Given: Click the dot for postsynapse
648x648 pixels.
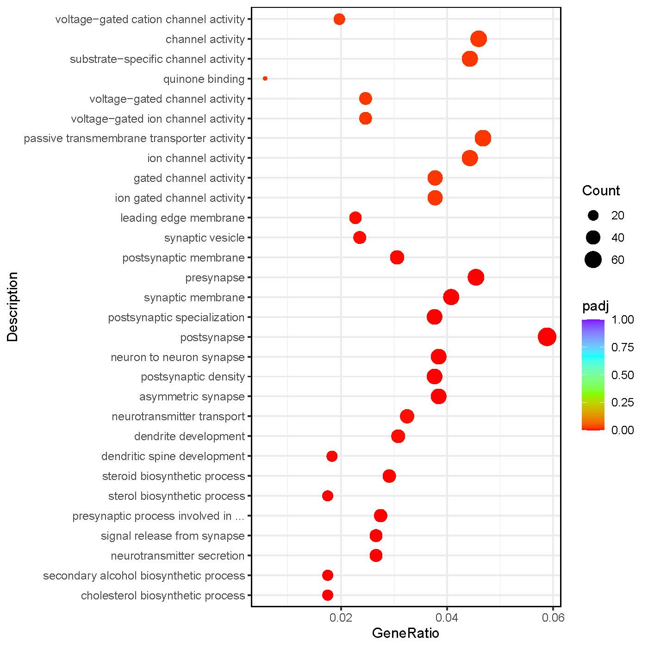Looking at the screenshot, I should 547,337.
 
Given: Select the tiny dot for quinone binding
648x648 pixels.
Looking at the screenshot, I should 265,79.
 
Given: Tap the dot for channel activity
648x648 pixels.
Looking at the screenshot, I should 479,39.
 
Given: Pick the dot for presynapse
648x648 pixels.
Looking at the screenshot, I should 476,277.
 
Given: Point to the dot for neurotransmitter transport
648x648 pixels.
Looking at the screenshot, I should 407,416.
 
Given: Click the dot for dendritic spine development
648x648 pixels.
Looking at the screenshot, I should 332,456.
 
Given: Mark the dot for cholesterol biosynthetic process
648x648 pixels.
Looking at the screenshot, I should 328,595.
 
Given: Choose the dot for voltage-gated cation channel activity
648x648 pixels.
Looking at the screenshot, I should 339,19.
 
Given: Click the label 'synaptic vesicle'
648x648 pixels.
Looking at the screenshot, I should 204,238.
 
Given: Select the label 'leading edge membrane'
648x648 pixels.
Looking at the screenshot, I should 182,218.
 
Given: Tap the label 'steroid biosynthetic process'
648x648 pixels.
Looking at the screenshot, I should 173,476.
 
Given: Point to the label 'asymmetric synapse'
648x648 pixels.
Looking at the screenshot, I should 192,397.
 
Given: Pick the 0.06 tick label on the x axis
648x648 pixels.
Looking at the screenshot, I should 553,617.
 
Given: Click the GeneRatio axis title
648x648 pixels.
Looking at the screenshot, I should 405,633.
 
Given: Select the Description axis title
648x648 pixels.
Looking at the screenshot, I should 12,307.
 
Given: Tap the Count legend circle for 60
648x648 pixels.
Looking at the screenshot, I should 593,260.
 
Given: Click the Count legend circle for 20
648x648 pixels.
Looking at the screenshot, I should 593,215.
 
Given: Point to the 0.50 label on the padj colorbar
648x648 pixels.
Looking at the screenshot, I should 623,375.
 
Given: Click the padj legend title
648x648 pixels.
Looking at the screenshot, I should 595,306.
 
